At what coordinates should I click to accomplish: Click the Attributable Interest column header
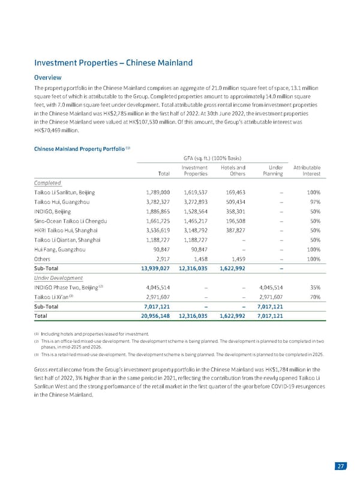tap(306, 170)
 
